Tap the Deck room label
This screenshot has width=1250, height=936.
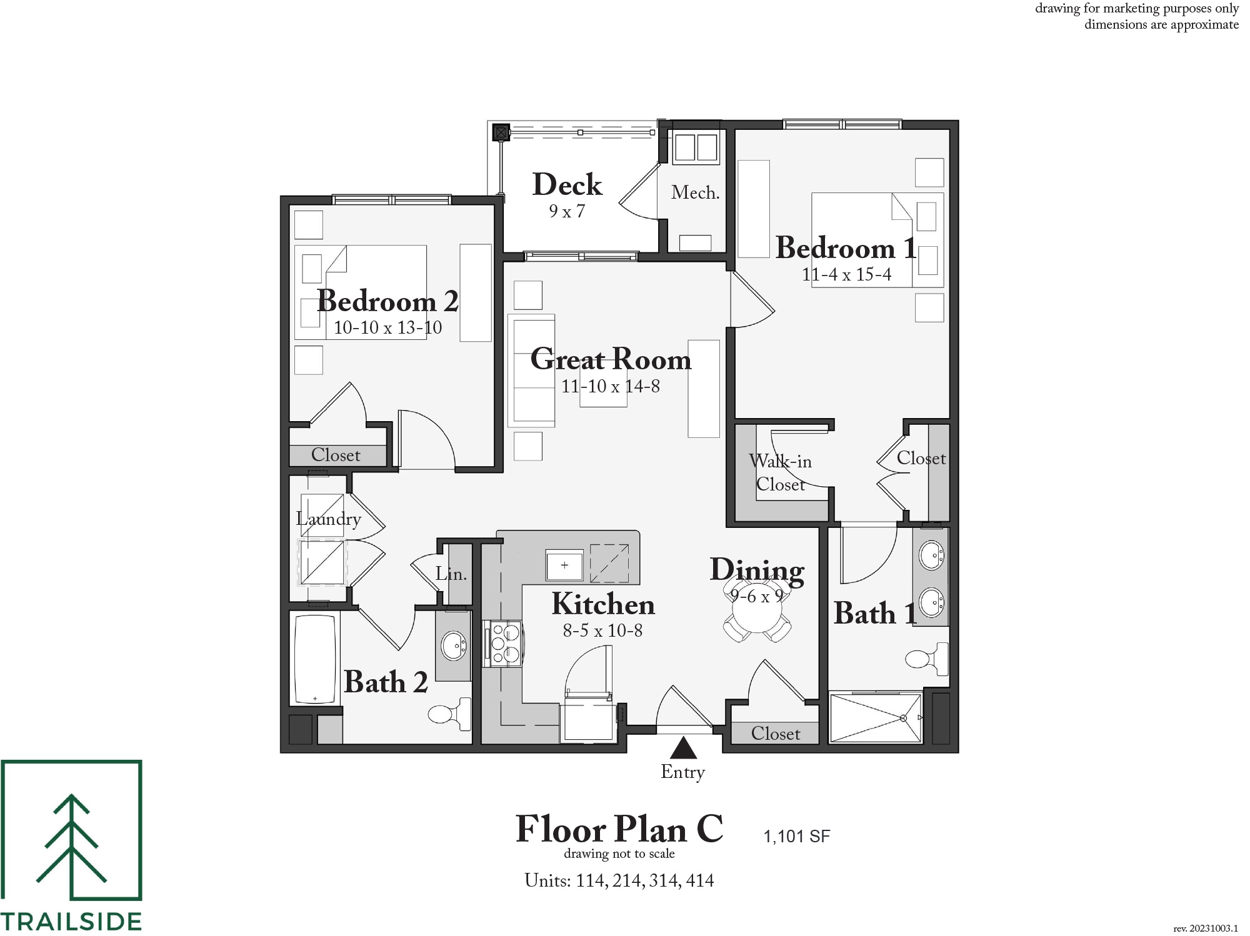[567, 184]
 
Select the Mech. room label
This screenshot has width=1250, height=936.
[695, 192]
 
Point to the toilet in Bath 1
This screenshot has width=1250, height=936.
[927, 659]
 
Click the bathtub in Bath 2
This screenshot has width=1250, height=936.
[315, 660]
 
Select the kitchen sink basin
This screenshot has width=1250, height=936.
[564, 565]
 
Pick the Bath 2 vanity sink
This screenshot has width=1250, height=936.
[453, 645]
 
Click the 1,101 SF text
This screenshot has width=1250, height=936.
[796, 836]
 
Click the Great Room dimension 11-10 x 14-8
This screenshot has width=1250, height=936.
[610, 386]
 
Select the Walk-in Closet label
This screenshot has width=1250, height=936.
[780, 472]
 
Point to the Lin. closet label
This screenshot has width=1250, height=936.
[451, 574]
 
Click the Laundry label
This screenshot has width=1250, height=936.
[328, 519]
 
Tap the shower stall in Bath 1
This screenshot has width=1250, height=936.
[875, 717]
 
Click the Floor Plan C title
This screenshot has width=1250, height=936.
[619, 829]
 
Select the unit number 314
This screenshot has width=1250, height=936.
[664, 880]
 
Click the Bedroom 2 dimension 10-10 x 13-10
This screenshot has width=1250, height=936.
[387, 327]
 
